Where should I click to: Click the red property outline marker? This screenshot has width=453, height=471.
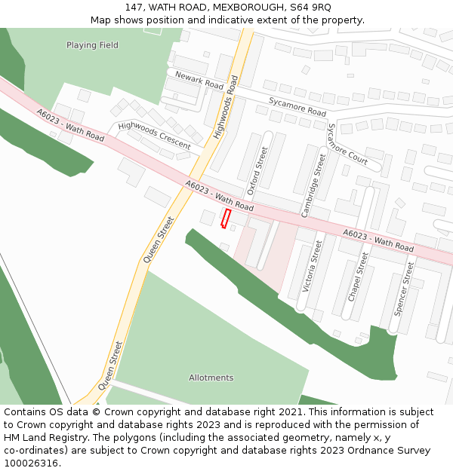pyautogui.click(x=225, y=218)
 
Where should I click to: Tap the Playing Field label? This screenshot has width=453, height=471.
pyautogui.click(x=92, y=45)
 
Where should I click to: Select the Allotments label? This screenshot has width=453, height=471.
pyautogui.click(x=211, y=378)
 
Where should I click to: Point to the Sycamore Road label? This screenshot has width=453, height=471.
pyautogui.click(x=297, y=106)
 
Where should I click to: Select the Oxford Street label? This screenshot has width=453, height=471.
pyautogui.click(x=257, y=171)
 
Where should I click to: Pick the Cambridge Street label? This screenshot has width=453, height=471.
pyautogui.click(x=313, y=185)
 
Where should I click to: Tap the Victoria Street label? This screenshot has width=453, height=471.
pyautogui.click(x=313, y=266)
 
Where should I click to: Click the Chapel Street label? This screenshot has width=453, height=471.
pyautogui.click(x=359, y=277)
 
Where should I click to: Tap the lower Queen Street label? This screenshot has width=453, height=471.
pyautogui.click(x=109, y=365)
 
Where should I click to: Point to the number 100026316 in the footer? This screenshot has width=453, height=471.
pyautogui.click(x=32, y=463)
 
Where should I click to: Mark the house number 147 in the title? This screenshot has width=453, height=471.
pyautogui.click(x=134, y=7)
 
